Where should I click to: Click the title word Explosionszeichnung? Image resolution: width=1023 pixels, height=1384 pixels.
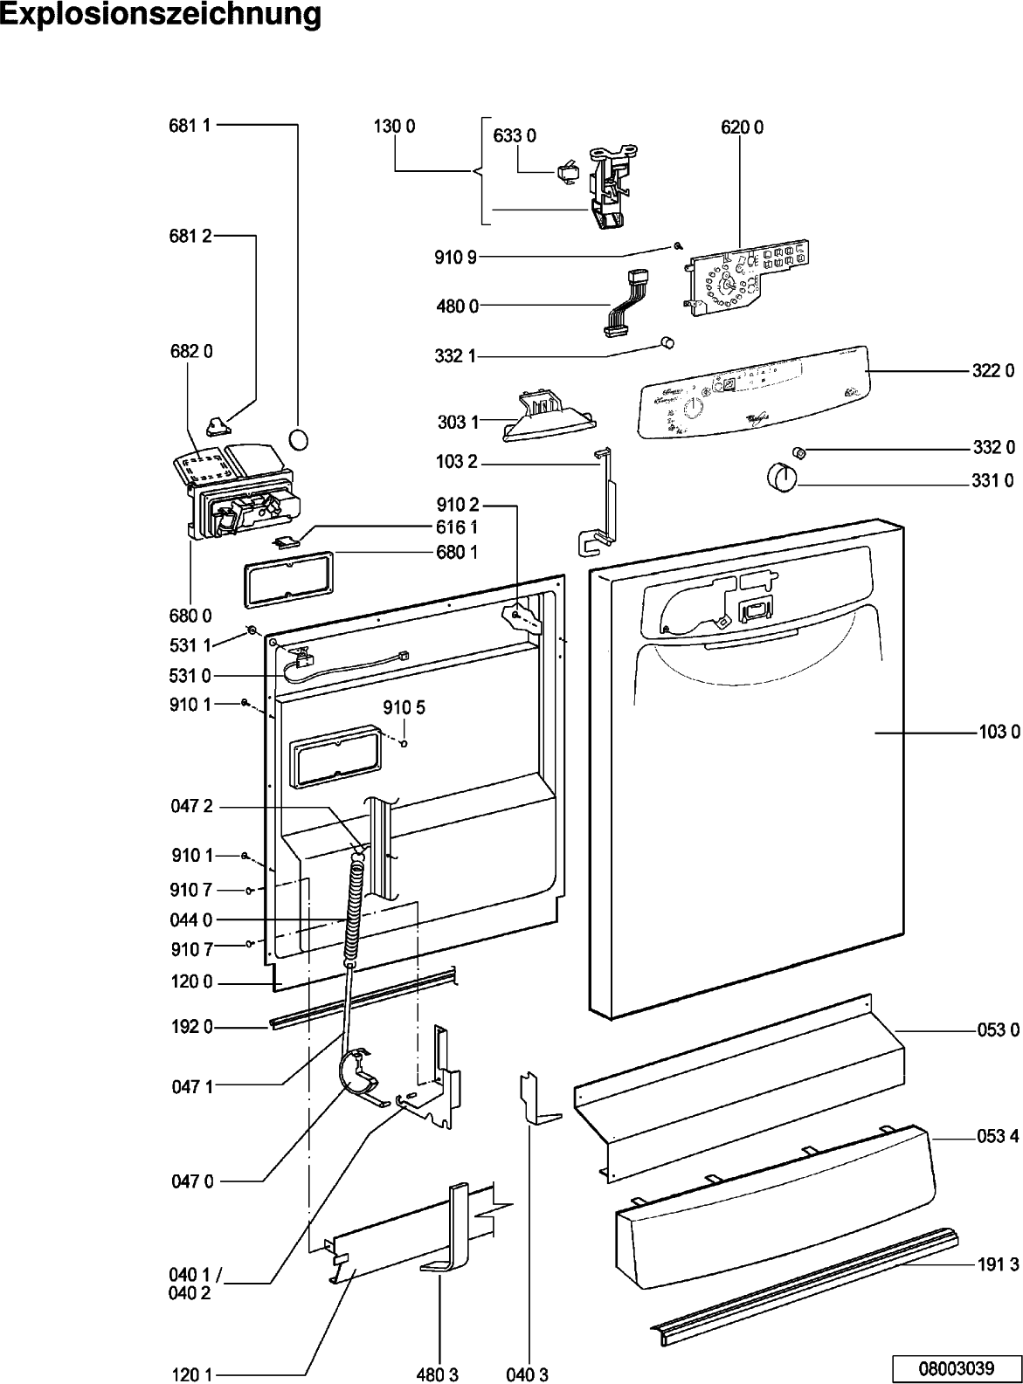(x=161, y=15)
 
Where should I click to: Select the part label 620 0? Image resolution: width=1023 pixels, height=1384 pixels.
(x=742, y=127)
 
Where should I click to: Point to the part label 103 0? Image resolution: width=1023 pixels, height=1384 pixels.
(x=999, y=733)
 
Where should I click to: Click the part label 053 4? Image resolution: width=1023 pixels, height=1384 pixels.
(x=998, y=1136)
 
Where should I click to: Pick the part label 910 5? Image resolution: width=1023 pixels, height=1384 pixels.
(x=404, y=707)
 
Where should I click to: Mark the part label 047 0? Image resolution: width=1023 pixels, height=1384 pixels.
(x=191, y=1181)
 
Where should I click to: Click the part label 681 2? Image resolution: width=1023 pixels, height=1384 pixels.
(x=190, y=237)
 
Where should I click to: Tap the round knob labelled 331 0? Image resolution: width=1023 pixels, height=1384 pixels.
(x=779, y=479)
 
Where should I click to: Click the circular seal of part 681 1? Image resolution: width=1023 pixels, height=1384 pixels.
(x=299, y=437)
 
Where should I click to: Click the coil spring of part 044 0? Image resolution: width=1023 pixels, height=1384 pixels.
(x=354, y=910)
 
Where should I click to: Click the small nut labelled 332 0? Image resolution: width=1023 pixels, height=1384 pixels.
(x=798, y=451)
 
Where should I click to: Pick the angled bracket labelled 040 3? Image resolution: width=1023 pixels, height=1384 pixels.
(x=536, y=1098)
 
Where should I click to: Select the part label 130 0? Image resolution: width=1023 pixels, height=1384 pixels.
(x=394, y=127)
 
